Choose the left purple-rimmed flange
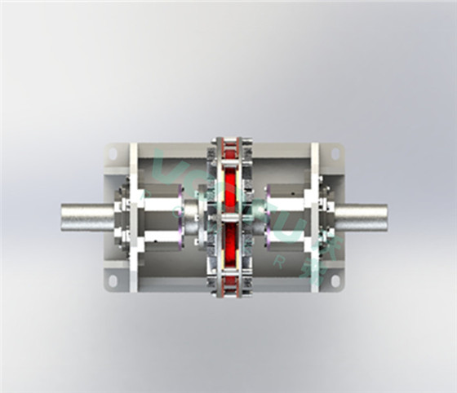181,216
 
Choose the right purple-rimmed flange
268,216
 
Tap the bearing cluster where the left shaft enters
121,216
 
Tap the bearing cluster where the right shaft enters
326,216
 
